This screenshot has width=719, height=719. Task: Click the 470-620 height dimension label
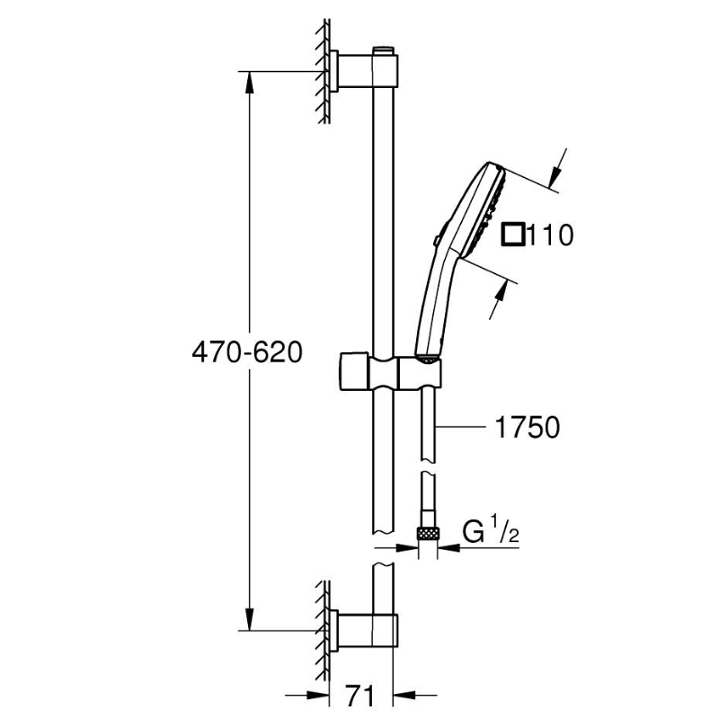[x=247, y=352]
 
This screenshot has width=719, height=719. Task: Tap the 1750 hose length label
[x=528, y=428]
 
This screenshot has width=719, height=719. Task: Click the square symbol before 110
[x=513, y=235]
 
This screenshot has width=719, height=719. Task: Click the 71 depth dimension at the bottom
[x=360, y=696]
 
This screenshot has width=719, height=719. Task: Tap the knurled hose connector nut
[x=429, y=533]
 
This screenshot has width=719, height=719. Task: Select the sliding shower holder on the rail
[x=391, y=372]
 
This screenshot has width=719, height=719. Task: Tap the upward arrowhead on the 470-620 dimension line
[x=249, y=84]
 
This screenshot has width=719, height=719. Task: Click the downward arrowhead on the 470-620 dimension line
[x=249, y=618]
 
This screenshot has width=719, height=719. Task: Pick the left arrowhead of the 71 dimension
[x=318, y=696]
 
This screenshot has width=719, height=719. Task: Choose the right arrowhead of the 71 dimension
[x=405, y=696]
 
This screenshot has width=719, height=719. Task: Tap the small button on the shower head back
[x=436, y=238]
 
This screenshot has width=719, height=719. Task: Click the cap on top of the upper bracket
[x=385, y=50]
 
